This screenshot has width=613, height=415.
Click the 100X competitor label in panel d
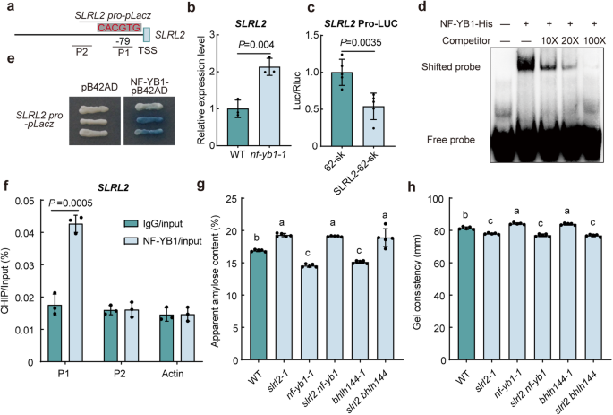(x=588, y=40)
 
